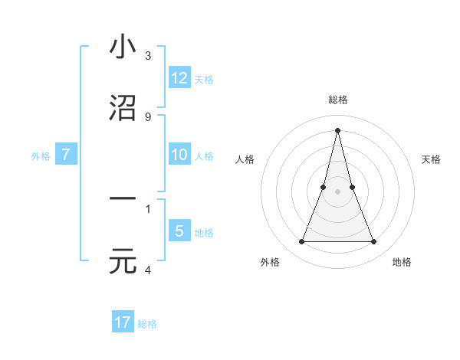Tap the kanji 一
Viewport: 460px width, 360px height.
coord(123,200)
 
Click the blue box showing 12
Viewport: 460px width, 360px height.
coord(179,78)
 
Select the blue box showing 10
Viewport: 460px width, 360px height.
coord(179,155)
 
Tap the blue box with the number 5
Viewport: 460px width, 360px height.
coord(179,231)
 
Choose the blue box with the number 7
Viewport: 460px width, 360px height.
coord(66,155)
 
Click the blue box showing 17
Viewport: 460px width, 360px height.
coord(123,322)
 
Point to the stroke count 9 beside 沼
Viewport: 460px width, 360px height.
coord(148,117)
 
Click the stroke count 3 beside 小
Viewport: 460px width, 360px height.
coord(148,56)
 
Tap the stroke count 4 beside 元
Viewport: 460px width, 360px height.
coord(148,270)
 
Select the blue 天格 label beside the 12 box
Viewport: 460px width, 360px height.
coord(204,80)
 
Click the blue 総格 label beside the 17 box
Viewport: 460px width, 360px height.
coord(147,324)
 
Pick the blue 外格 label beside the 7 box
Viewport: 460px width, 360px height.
coord(41,156)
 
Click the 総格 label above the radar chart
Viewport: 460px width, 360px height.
coord(337,100)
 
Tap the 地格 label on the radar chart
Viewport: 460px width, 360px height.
coord(402,262)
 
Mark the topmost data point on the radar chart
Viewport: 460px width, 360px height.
coord(337,129)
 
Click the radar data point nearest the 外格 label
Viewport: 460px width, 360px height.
coord(301,242)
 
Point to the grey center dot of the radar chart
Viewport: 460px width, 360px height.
coord(337,191)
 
